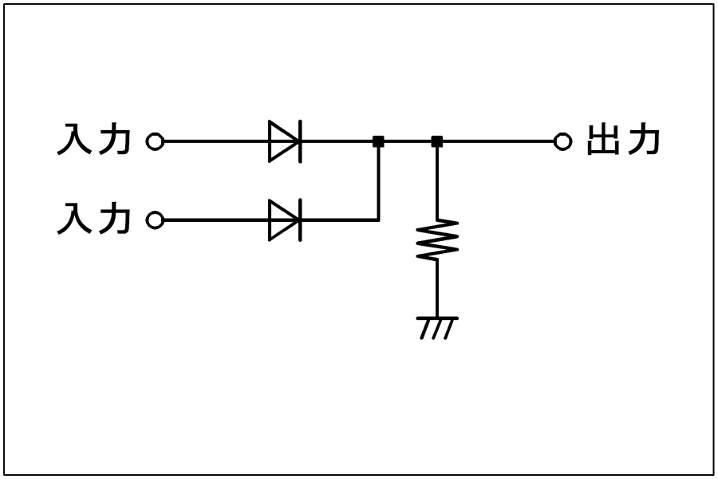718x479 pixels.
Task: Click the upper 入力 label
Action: coord(94,139)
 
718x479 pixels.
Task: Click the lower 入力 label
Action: coord(94,218)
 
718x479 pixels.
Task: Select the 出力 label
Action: coord(623,139)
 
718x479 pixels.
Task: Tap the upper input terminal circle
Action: coord(155,141)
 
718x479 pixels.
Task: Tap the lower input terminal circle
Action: coord(155,220)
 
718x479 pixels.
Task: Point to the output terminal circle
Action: coord(562,141)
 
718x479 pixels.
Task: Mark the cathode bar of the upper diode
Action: coord(301,141)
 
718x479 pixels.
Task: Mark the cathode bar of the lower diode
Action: coord(301,220)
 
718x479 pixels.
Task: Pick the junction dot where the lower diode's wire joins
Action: coord(378,141)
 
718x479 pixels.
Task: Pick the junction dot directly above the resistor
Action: coord(437,141)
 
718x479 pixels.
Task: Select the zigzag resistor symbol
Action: coord(437,240)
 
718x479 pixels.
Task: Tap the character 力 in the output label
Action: coord(643,139)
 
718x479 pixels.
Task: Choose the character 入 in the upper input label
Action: coord(74,140)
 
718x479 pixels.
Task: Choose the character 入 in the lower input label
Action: coord(74,219)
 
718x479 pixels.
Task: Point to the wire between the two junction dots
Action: coord(408,141)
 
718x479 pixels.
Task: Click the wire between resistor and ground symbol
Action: coord(437,289)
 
